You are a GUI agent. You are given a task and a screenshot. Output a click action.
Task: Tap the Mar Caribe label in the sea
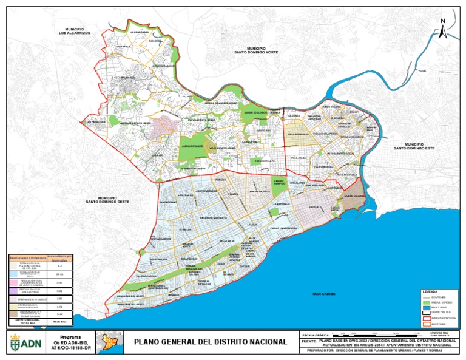pyautogui.click(x=324, y=293)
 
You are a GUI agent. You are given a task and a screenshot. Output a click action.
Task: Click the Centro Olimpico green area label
pyautogui.click(x=279, y=182)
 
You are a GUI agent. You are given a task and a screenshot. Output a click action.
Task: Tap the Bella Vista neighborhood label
pyautogui.click(x=227, y=241)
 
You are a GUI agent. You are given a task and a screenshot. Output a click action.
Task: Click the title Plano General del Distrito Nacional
pyautogui.click(x=210, y=342)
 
